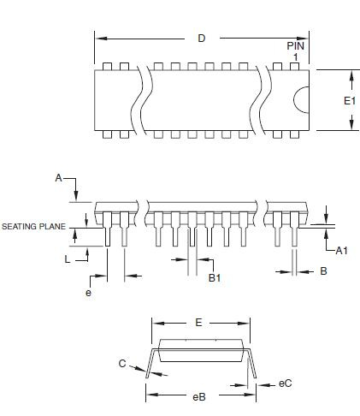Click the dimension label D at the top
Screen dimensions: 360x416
202,39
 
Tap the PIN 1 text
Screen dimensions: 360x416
296,51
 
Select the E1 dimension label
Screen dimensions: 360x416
350,101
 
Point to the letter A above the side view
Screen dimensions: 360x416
58,178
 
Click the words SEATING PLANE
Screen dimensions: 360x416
33,227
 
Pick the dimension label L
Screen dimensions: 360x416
68,259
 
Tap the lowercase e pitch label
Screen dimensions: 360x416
89,293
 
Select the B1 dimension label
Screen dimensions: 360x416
215,277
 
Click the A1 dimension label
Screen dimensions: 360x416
342,251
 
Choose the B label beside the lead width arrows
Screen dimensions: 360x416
323,271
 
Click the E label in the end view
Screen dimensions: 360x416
198,323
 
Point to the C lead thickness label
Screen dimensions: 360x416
122,364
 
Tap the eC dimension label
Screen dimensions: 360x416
285,383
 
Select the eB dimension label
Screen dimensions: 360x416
199,397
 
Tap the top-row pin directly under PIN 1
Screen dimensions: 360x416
294,66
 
